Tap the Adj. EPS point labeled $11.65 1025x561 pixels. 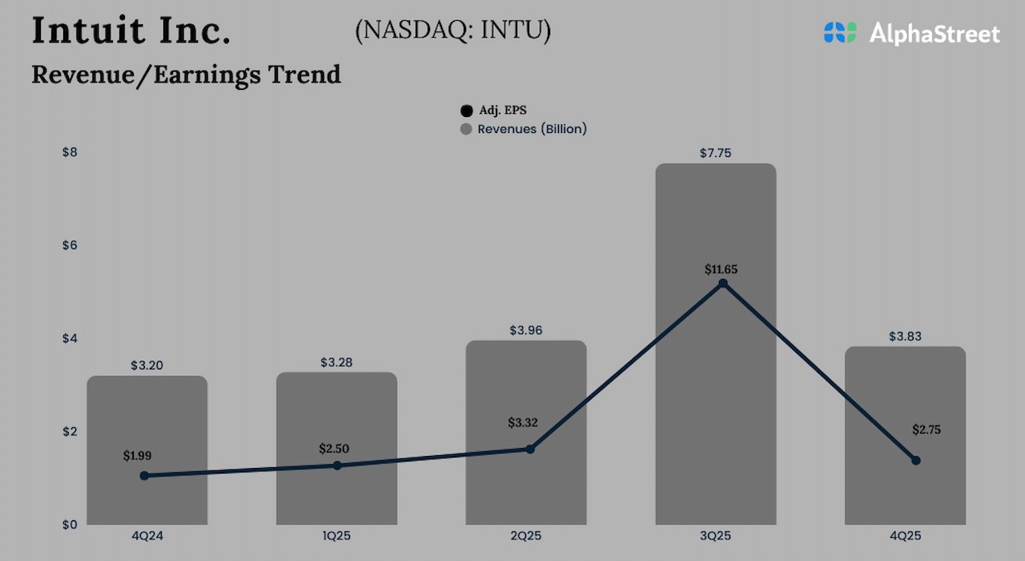722,284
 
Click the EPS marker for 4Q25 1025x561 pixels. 915,460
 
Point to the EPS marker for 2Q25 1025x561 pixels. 529,449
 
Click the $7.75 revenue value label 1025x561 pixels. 715,152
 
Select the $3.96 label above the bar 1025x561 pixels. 525,330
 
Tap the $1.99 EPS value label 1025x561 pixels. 137,455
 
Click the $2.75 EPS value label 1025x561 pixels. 926,430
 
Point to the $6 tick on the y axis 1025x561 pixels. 70,245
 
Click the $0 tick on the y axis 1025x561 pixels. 70,524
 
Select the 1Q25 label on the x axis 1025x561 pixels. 336,535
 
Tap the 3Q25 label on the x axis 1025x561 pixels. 715,535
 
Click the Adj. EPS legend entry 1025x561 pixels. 496,111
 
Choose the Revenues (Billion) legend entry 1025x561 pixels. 524,129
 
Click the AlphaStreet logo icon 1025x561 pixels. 839,33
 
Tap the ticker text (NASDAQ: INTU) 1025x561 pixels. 452,30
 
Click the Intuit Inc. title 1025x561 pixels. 131,30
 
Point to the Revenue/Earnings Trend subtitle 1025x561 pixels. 186,74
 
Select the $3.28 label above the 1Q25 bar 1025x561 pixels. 336,362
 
